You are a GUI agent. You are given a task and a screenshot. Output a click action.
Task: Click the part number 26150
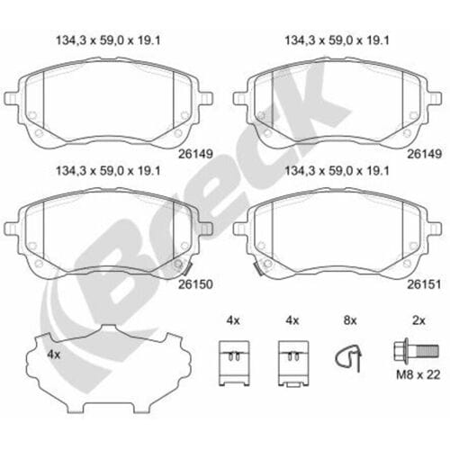[195, 284]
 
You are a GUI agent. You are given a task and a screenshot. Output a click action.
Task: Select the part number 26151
[424, 284]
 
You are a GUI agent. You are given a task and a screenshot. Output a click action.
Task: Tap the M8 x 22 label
[418, 374]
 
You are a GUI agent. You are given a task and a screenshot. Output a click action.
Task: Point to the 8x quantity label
[350, 320]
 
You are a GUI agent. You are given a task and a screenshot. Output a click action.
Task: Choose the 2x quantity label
[418, 320]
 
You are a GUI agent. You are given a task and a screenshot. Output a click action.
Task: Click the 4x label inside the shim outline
[54, 355]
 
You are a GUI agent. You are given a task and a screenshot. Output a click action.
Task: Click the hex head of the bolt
[400, 350]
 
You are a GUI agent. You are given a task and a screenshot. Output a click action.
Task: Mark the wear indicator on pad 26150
[186, 268]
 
